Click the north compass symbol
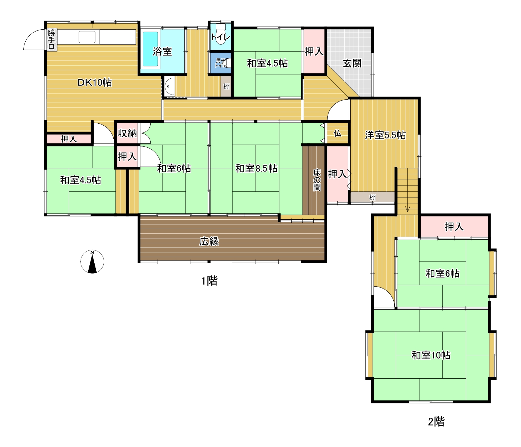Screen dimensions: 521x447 [92, 262]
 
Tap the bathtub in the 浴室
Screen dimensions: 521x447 [150, 49]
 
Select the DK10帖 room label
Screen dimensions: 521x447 [95, 82]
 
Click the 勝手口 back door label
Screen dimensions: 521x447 [51, 39]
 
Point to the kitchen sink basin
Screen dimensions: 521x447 [87, 37]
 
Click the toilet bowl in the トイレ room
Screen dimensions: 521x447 [221, 35]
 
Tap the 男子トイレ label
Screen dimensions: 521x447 [221, 63]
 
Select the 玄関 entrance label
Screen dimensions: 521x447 [352, 63]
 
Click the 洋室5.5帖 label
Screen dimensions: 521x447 [385, 135]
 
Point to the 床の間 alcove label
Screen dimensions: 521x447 [317, 180]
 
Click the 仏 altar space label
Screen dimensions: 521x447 [337, 133]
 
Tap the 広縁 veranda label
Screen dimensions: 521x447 [209, 241]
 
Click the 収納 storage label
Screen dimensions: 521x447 [127, 133]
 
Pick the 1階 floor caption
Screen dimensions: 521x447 [209, 281]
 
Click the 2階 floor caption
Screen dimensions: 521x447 [436, 422]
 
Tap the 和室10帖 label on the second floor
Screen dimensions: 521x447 [431, 355]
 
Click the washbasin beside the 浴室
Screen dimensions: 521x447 [169, 86]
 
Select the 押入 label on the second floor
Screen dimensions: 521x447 [454, 227]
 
